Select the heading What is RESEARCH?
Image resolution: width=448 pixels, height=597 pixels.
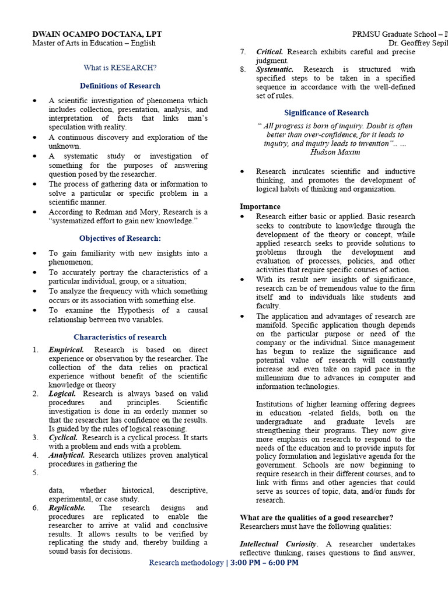pyautogui.click(x=120, y=68)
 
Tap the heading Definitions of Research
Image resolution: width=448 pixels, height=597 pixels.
pyautogui.click(x=120, y=86)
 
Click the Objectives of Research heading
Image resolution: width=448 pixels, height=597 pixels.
pyautogui.click(x=120, y=238)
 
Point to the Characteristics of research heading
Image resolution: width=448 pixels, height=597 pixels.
pyautogui.click(x=120, y=337)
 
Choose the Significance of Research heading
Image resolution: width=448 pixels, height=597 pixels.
pyautogui.click(x=326, y=113)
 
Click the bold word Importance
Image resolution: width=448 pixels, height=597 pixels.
pyautogui.click(x=260, y=206)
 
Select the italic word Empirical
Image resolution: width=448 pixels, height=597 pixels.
pyautogui.click(x=66, y=350)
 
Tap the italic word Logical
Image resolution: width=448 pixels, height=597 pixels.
pyautogui.click(x=62, y=394)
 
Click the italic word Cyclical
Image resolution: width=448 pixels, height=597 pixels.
pyautogui.click(x=63, y=437)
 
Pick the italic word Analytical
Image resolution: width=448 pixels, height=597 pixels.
pyautogui.click(x=66, y=455)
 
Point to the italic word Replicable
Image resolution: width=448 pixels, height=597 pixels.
pyautogui.click(x=67, y=508)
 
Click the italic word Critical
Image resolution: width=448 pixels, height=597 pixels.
pyautogui.click(x=269, y=52)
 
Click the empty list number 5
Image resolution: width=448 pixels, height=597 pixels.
pyautogui.click(x=36, y=473)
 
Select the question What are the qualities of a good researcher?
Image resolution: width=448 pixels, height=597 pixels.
pyautogui.click(x=316, y=518)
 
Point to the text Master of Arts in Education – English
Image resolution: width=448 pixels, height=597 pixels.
pyautogui.click(x=93, y=43)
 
